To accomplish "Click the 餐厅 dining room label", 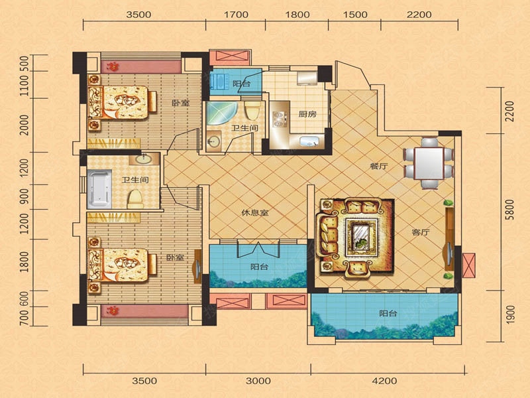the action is [378, 166].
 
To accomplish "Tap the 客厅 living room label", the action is [421, 233].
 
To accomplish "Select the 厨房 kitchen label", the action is [307, 114].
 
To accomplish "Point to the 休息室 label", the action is [255, 213].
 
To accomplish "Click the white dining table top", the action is [429, 163].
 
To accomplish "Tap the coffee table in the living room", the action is [361, 237].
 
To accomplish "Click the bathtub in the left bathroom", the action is [99, 189].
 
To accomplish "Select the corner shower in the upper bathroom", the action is [221, 113].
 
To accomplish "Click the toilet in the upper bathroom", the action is [252, 109].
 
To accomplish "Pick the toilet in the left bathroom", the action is [135, 200].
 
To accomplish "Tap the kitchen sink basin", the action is [309, 141].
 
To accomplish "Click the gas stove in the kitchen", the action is [279, 119].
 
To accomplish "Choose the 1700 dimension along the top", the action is [236, 15].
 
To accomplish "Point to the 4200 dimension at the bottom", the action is [385, 381].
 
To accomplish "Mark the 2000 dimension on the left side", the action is [24, 125].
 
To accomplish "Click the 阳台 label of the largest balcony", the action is [388, 313].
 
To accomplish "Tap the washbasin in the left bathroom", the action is [144, 159].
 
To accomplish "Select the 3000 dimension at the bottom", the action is [258, 381].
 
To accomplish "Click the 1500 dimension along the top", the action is [355, 15].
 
